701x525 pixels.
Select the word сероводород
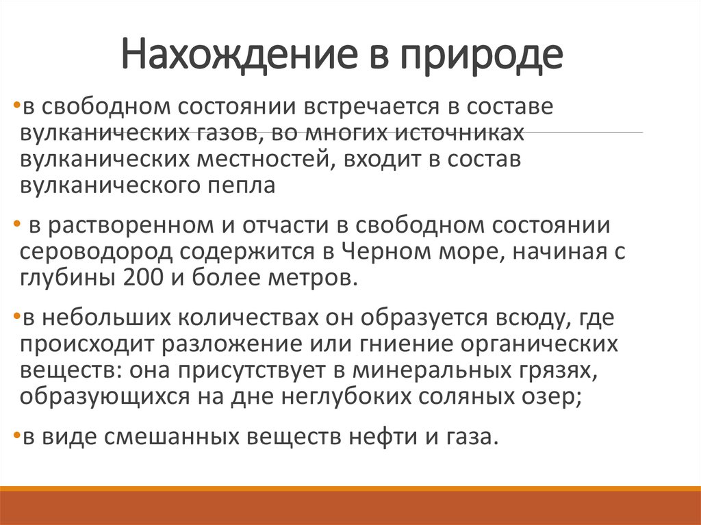(x=97, y=252)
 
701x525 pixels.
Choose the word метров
(x=320, y=279)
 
